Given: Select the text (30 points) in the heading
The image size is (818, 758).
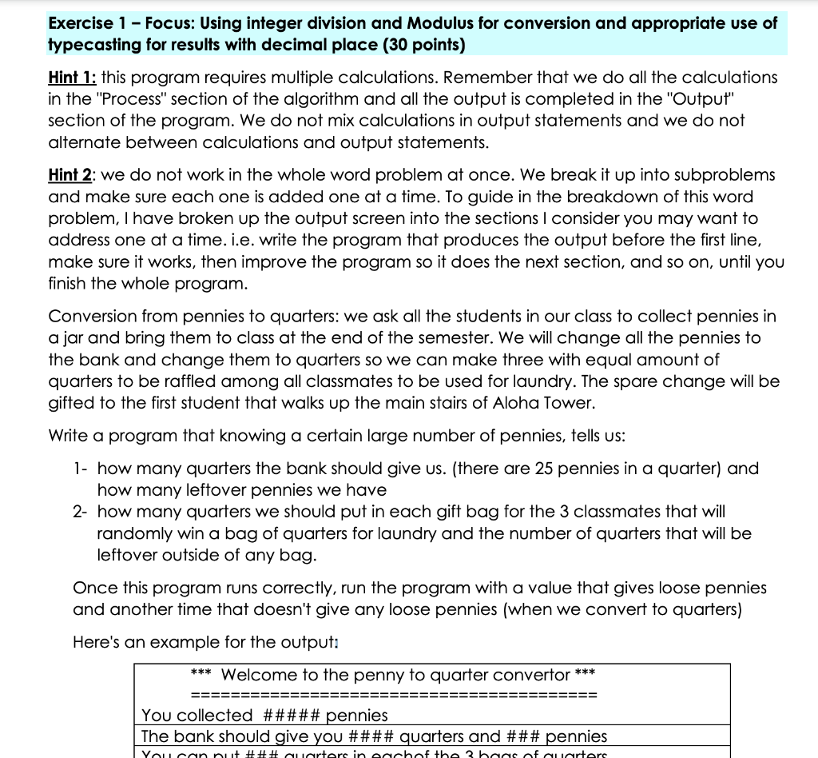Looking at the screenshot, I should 421,44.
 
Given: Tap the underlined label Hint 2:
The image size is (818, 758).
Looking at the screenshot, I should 73,174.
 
